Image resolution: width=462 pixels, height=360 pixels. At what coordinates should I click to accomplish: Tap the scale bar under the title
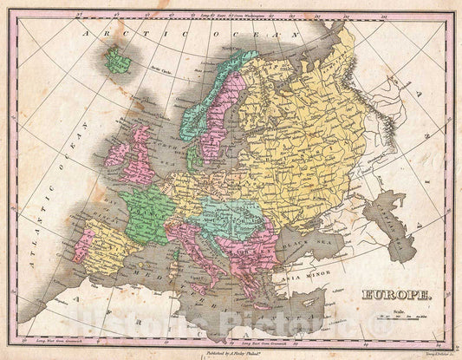pos(406,316)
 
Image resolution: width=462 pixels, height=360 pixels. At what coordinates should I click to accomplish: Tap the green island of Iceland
pos(116,60)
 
